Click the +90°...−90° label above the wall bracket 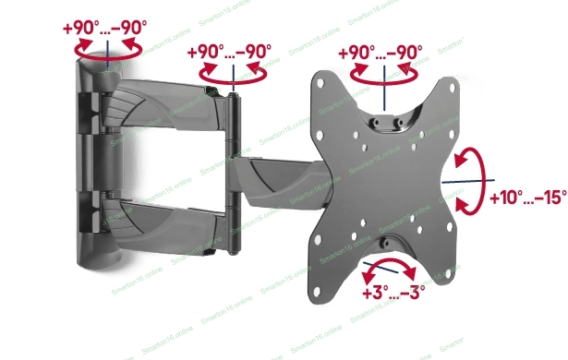pyautogui.click(x=104, y=28)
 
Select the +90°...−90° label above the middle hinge pyautogui.click(x=229, y=52)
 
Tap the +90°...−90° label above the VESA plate pyautogui.click(x=381, y=52)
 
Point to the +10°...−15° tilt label pyautogui.click(x=528, y=198)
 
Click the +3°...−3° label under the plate pyautogui.click(x=393, y=293)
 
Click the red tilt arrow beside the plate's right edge pyautogui.click(x=482, y=180)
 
